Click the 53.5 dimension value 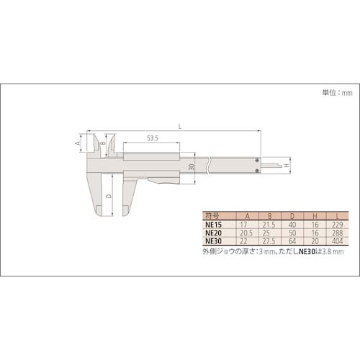[153, 138]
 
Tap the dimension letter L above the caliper [180, 127]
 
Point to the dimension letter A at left [78, 143]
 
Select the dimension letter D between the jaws [109, 196]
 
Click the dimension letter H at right [286, 166]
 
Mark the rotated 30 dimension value [191, 167]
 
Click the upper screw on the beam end [257, 160]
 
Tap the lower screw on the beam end [257, 170]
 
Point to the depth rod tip [281, 165]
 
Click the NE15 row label [213, 225]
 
